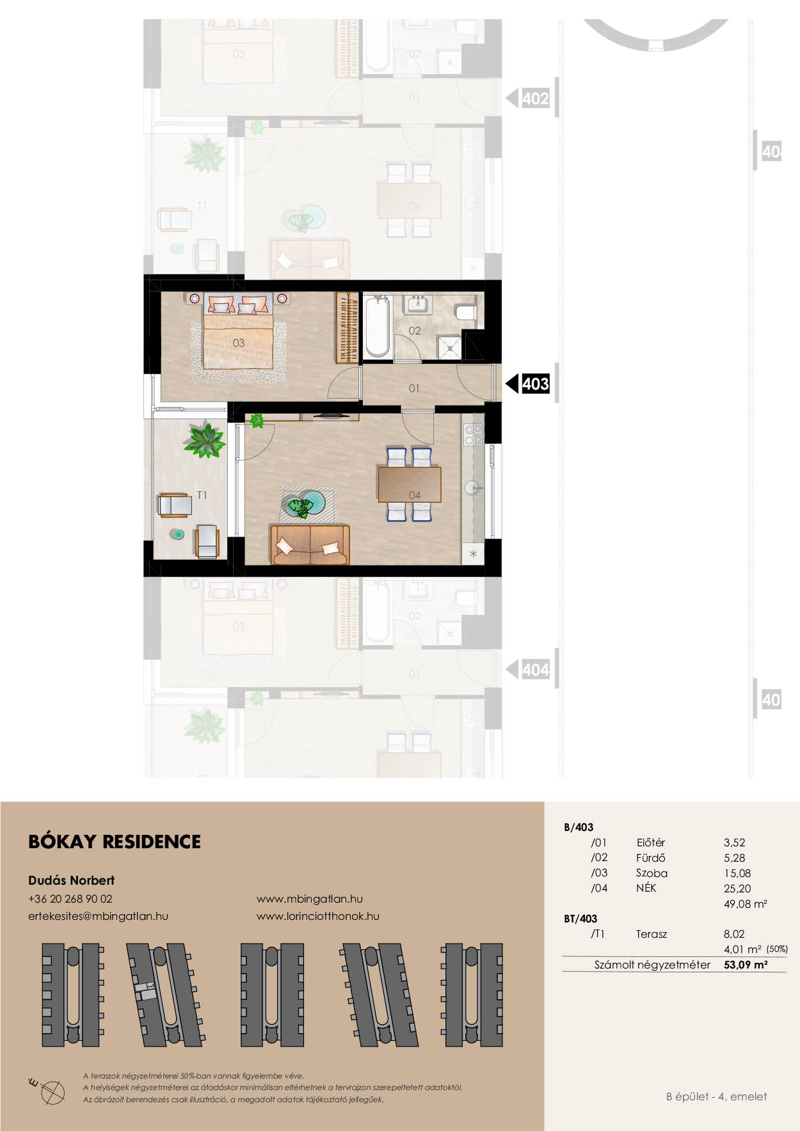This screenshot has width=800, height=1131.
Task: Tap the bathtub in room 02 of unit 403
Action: (x=377, y=326)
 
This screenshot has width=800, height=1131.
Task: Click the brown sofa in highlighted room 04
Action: (x=310, y=544)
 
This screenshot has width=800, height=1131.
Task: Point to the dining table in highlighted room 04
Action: (x=410, y=484)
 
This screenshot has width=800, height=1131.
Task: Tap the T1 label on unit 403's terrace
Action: (x=202, y=495)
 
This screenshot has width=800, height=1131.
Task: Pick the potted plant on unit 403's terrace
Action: (x=204, y=439)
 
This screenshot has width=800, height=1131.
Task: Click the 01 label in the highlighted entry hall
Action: (x=414, y=388)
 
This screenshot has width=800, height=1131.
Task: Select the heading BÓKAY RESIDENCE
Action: (x=115, y=841)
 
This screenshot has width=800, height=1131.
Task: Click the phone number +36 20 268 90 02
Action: (x=70, y=899)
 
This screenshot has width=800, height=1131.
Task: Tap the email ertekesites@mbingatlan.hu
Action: (x=98, y=916)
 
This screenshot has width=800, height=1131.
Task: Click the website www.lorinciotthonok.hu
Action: (x=317, y=916)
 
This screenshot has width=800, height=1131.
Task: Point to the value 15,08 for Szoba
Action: (x=737, y=873)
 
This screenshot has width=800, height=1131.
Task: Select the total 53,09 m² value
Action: (x=746, y=965)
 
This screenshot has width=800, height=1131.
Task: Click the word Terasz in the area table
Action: (x=652, y=934)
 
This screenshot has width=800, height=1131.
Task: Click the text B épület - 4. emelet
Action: (x=716, y=1096)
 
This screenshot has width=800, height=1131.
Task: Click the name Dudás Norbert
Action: (x=72, y=880)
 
